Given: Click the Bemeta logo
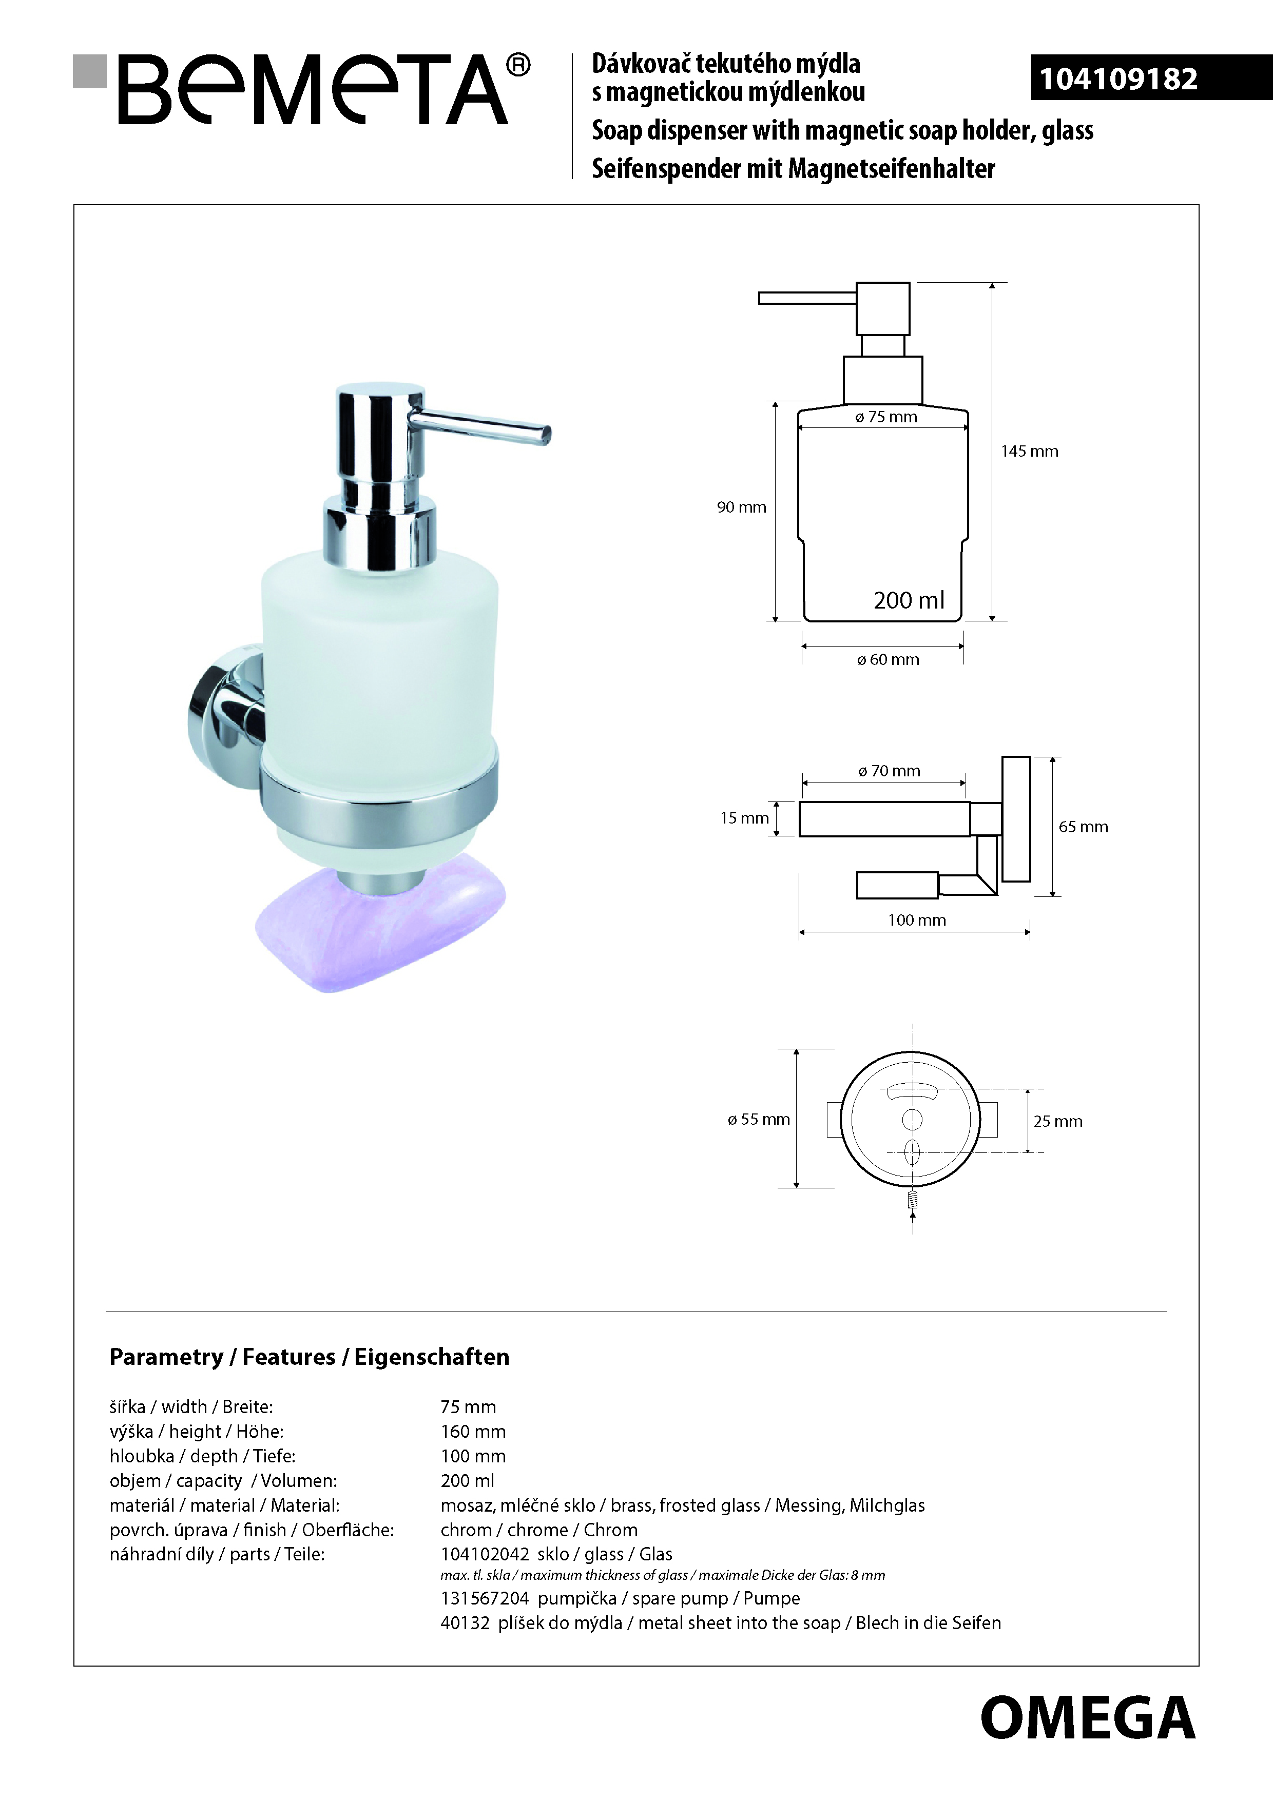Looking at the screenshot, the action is tap(302, 89).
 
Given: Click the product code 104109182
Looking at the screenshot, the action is tap(1118, 79).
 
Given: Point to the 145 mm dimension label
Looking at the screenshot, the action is tap(1029, 452).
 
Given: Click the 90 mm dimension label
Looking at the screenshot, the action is tap(741, 507).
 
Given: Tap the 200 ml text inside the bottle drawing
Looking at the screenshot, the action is tap(909, 600).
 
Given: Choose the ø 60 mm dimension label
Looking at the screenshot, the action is tap(888, 660).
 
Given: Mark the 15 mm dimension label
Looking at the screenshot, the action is tap(744, 818).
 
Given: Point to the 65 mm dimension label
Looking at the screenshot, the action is tap(1083, 827).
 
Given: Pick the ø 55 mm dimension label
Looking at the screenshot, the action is tap(759, 1120).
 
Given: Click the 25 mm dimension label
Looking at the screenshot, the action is tap(1057, 1122).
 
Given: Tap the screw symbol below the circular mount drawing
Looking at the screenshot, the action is tap(912, 1200).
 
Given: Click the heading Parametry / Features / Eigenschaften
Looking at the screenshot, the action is tap(309, 1357).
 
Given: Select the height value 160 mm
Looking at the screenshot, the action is tap(473, 1432).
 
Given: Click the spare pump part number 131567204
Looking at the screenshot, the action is tap(485, 1598).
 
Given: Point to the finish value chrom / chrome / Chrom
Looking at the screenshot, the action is tap(539, 1530).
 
